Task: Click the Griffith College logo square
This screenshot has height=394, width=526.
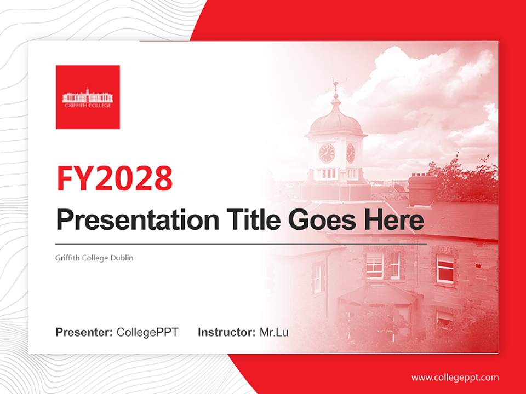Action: click(x=88, y=97)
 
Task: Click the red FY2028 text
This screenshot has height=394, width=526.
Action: click(x=115, y=178)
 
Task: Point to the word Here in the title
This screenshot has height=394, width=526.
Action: click(x=394, y=220)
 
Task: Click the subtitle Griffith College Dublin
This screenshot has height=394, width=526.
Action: click(x=94, y=258)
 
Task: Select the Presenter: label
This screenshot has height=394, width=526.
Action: click(x=84, y=332)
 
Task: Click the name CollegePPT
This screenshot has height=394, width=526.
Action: click(x=147, y=332)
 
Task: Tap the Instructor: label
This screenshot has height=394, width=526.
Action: click(x=226, y=332)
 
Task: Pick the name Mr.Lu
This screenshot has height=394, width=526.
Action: click(x=274, y=332)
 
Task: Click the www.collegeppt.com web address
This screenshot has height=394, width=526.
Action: click(x=455, y=378)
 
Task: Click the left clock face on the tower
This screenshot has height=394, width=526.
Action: click(x=327, y=153)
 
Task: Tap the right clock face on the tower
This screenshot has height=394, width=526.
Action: click(x=351, y=153)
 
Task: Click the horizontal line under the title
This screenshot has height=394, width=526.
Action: click(x=241, y=244)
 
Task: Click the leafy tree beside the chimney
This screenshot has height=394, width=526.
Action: click(x=466, y=175)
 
